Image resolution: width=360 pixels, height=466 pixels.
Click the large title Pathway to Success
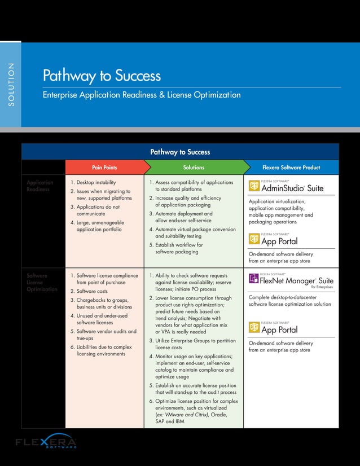coord(102,76)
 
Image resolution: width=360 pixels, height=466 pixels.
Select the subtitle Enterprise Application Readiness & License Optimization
coord(142,95)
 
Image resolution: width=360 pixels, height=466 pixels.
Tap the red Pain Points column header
coord(104,168)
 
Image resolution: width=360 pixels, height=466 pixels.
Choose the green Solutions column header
coord(194,168)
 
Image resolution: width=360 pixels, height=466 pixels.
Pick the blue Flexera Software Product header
coord(291,168)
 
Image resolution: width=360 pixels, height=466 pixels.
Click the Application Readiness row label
coord(40,186)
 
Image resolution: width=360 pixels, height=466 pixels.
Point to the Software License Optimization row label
coord(42,282)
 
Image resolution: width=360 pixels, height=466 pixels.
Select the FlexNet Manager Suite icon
coord(254,280)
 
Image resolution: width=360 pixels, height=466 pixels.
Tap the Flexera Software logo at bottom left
coord(46,442)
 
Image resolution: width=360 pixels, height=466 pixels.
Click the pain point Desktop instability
coord(96,183)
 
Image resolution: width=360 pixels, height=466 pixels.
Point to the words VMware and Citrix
coord(181,415)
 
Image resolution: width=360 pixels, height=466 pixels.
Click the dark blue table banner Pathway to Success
coord(180,152)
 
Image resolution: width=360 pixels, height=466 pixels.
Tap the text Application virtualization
coord(277,201)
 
